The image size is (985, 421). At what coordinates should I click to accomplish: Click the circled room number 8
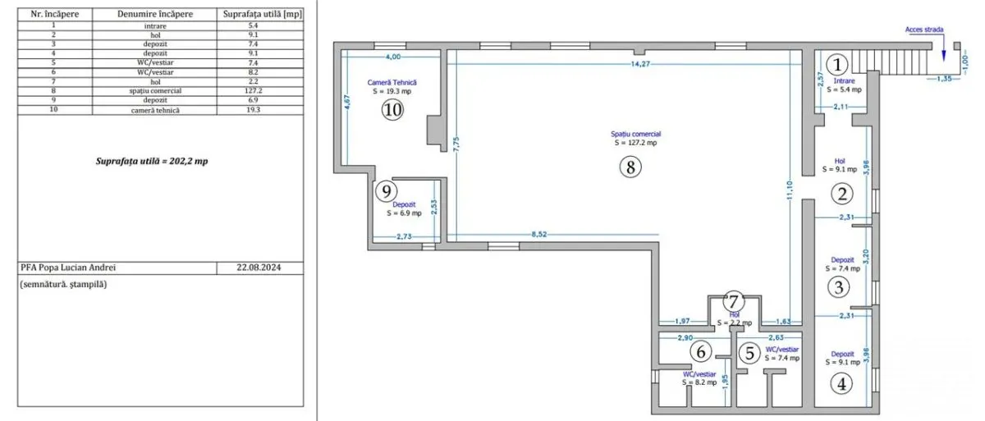click(630, 167)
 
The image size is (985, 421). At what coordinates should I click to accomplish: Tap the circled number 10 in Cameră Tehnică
click(392, 109)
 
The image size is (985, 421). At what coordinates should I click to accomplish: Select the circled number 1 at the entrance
click(837, 65)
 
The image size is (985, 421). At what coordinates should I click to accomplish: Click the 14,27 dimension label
click(640, 64)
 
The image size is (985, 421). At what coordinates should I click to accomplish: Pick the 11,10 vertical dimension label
click(790, 191)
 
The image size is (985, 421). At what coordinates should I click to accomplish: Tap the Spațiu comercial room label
click(636, 134)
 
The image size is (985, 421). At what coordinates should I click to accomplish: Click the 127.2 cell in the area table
click(254, 91)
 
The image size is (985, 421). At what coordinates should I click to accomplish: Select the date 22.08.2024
click(259, 268)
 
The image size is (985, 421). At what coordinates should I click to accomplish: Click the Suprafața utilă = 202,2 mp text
click(152, 162)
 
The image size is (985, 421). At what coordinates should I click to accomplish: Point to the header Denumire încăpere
click(155, 14)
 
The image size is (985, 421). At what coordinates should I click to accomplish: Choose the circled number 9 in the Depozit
click(387, 191)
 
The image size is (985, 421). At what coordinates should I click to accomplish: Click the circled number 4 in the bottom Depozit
click(841, 383)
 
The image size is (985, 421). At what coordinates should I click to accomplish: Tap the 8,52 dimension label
click(539, 234)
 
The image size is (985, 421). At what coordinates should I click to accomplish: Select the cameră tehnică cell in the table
click(155, 110)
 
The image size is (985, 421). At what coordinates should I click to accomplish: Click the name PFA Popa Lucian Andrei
click(68, 268)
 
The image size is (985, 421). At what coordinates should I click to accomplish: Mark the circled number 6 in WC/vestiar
click(701, 351)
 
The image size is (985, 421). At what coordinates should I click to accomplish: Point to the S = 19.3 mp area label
click(392, 91)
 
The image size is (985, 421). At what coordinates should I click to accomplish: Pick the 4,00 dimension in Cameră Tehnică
click(393, 57)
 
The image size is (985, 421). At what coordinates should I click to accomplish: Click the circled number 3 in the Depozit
click(839, 287)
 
